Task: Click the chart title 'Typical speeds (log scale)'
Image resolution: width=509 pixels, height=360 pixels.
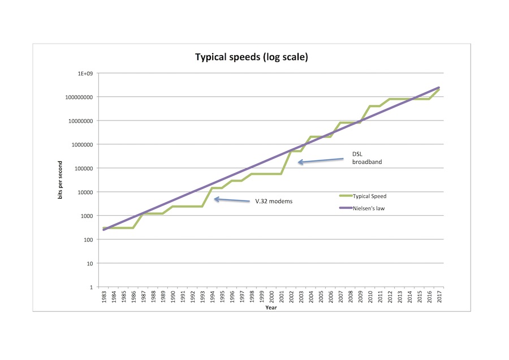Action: click(251, 57)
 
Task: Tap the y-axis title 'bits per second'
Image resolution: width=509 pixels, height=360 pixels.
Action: click(60, 180)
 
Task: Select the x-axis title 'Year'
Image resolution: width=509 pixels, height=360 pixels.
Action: click(271, 308)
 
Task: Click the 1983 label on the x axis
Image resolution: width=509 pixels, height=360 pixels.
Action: click(105, 298)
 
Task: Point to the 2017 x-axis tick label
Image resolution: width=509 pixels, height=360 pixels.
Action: click(439, 298)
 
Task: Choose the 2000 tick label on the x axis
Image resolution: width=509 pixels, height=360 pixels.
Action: click(271, 298)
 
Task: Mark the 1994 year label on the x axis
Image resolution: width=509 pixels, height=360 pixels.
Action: click(213, 298)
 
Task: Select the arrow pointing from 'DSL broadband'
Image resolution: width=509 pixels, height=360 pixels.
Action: click(321, 161)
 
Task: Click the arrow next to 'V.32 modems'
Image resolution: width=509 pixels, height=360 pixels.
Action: click(231, 200)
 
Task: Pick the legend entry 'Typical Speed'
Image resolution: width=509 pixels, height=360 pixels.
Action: click(371, 196)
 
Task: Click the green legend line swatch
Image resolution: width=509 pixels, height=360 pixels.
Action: click(345, 196)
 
